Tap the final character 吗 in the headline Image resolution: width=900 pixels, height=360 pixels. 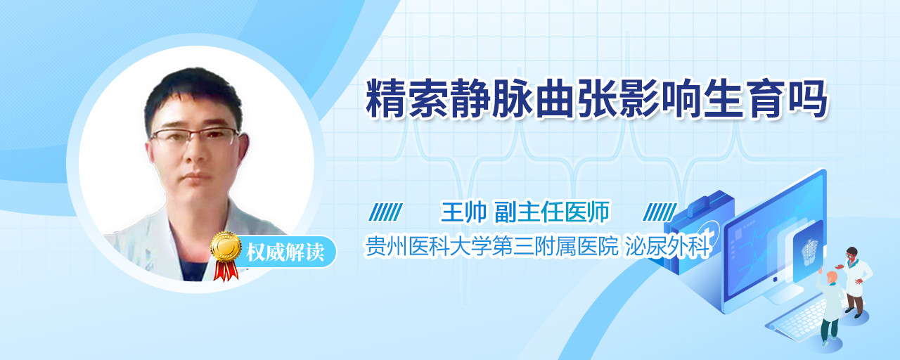click(808, 98)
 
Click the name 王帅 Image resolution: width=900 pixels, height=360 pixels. click(463, 212)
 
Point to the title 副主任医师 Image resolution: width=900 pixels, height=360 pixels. click(552, 212)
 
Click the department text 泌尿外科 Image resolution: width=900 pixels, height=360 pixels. click(667, 246)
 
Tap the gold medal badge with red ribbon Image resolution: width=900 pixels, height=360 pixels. click(226, 255)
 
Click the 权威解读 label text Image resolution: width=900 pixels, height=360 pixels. click(285, 252)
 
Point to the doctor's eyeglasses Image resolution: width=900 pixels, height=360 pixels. click(195, 136)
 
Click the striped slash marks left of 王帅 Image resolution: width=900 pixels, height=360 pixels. click(386, 212)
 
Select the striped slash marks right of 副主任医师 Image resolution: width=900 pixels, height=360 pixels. click(660, 212)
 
